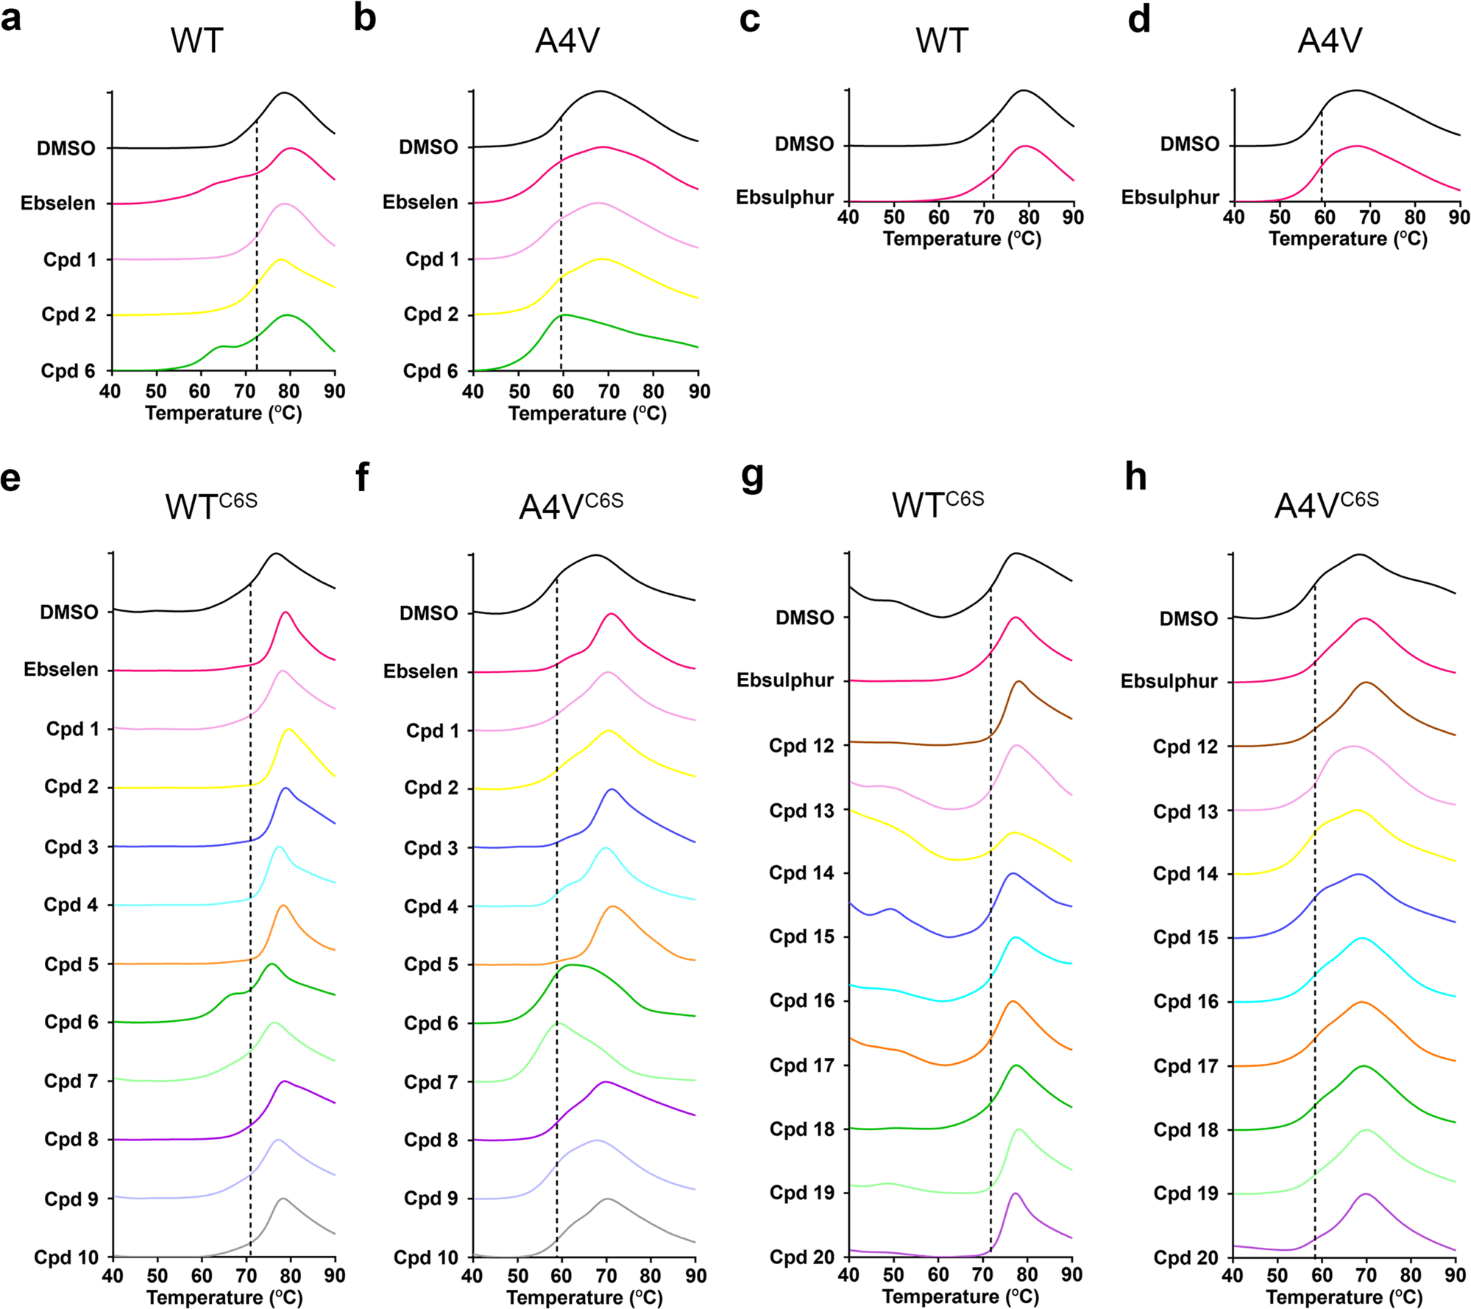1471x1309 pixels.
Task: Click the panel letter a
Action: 11,18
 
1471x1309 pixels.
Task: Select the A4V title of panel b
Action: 567,40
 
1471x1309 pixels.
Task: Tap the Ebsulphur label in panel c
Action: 785,197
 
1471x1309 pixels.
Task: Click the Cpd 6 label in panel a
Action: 68,370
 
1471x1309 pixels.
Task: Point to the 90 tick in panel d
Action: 1458,217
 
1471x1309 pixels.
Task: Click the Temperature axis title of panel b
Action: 586,413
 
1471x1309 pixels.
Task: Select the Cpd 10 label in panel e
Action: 66,1257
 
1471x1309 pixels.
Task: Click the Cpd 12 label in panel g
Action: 801,746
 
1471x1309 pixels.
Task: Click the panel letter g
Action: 752,477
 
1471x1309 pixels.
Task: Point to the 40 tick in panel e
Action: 113,1275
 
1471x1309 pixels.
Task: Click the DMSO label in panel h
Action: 1188,619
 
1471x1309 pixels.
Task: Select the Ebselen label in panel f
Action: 420,671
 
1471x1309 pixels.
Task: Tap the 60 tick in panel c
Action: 939,217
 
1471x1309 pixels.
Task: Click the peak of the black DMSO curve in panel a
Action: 284,93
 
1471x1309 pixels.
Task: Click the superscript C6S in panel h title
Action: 1359,501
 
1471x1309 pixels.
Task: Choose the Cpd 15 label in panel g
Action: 801,936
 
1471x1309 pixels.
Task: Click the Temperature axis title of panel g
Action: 960,1296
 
